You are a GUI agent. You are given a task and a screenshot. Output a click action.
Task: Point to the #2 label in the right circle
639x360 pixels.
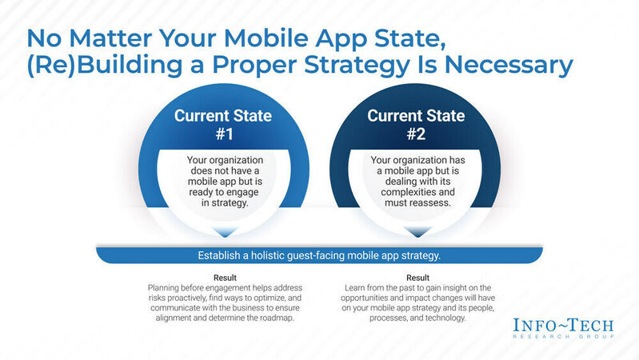pyautogui.click(x=416, y=134)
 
